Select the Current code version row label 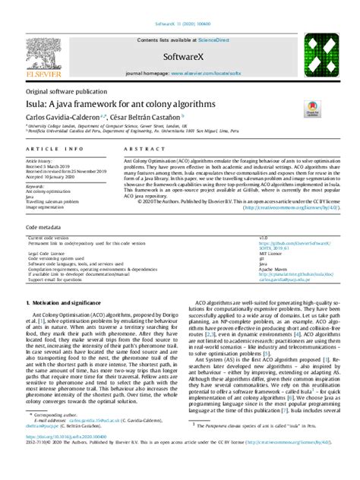tap(51, 237)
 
